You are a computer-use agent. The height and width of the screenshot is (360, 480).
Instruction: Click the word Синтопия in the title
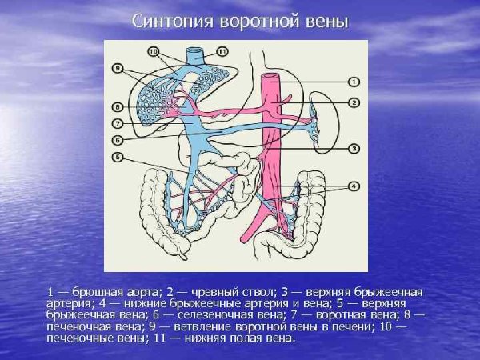click(170, 22)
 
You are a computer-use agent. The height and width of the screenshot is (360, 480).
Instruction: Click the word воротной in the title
click(264, 22)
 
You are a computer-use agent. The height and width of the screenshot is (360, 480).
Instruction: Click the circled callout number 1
click(355, 81)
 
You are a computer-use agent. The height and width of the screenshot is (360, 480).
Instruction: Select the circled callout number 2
click(355, 102)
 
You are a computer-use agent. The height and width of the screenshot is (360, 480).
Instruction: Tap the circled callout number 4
click(355, 188)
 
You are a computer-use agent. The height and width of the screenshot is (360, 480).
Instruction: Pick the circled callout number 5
click(117, 158)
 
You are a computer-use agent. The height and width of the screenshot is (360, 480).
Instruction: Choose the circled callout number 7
click(117, 124)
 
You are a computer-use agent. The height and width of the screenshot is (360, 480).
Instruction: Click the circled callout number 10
click(155, 51)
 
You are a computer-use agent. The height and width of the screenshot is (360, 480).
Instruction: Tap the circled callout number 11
click(222, 51)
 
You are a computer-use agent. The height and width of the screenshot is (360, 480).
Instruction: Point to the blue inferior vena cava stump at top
click(195, 54)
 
